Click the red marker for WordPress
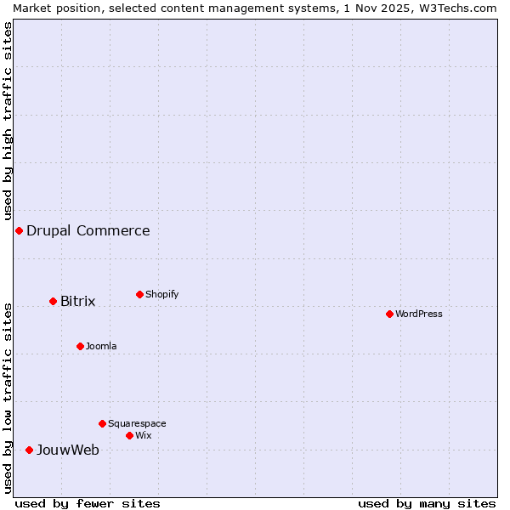coord(389,314)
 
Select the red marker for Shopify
coord(139,294)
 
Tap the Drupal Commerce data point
coord(19,230)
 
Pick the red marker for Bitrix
coord(53,301)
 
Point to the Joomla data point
coord(80,346)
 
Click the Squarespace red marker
coord(102,423)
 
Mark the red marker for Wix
coord(129,435)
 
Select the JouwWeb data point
coord(29,450)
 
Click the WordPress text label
coord(419,314)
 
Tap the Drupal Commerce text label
coord(88,230)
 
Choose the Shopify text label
coord(162,294)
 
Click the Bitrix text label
coord(78,301)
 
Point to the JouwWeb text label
coord(68,450)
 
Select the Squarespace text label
coord(137,423)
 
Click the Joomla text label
coord(101,346)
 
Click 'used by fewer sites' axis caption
coord(88,503)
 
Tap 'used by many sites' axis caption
coord(427,503)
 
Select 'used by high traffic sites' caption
coord(8,122)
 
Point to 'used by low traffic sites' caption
coord(8,398)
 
